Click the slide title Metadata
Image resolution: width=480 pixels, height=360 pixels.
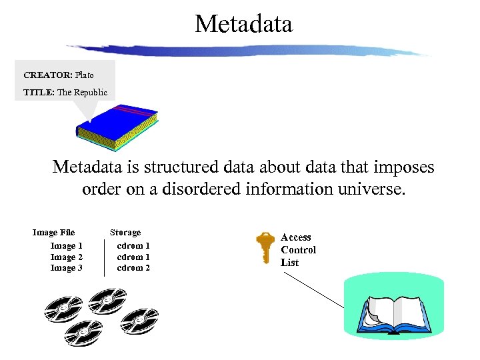tap(243, 25)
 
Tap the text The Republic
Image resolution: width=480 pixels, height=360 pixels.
tap(82, 92)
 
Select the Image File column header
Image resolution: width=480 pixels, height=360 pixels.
tap(53, 233)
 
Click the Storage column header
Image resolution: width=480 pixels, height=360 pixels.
tap(125, 233)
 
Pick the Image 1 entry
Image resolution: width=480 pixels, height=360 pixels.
tap(67, 246)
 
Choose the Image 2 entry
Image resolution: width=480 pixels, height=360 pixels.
tap(67, 257)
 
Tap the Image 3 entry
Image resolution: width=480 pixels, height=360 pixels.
tap(67, 268)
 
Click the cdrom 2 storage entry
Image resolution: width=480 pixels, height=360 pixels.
tap(133, 268)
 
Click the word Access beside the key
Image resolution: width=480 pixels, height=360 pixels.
tap(296, 237)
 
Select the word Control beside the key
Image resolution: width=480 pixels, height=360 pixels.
tap(298, 250)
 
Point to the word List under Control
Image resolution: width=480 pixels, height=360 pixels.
tap(289, 263)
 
